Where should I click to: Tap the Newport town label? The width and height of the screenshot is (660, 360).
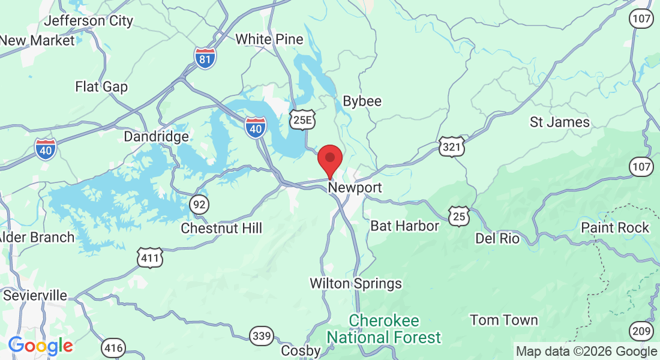355,188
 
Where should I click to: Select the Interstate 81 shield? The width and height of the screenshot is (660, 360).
205,57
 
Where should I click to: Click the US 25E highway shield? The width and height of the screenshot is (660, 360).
301,121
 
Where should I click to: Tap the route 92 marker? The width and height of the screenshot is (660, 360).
199,205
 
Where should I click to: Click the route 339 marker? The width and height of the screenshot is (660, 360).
262,337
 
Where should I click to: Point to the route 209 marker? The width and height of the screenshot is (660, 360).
641,330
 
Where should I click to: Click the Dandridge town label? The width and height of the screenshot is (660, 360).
156,137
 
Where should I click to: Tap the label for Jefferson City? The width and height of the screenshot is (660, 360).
89,21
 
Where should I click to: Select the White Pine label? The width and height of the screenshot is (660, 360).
269,39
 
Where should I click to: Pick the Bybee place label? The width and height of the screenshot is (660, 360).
362,101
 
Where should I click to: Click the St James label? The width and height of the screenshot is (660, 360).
560,122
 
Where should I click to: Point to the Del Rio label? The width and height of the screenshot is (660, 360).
497,238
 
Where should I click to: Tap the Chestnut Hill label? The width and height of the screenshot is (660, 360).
221,229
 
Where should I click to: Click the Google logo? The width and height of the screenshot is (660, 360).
40,346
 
